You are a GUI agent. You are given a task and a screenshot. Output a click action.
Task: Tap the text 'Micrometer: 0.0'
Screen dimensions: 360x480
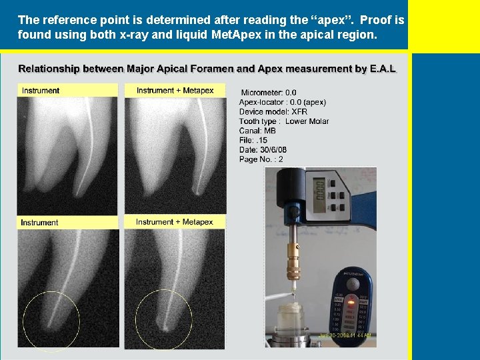[269, 93]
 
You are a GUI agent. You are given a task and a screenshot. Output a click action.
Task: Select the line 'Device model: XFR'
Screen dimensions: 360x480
[273, 111]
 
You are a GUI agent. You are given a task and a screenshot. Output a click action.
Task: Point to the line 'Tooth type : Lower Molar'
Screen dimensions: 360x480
[283, 121]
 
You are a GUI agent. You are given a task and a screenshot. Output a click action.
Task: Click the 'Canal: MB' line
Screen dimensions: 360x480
[257, 131]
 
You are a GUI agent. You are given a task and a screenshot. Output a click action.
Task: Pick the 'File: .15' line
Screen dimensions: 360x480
[253, 140]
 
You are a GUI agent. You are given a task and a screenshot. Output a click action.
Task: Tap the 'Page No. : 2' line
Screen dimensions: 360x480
[261, 159]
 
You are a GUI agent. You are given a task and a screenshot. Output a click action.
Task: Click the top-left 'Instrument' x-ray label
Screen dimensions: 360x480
[41, 91]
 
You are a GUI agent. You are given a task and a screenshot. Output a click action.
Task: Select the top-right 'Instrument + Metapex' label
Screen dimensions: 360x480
[175, 91]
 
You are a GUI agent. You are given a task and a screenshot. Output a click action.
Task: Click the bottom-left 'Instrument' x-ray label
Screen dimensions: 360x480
[39, 223]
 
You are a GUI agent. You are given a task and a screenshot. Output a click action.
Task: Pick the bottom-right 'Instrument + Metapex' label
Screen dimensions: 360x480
[174, 222]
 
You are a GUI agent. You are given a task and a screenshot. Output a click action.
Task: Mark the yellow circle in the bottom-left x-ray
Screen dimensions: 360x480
[51, 321]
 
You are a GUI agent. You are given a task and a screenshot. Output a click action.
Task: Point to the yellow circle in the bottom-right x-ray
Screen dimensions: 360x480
[164, 320]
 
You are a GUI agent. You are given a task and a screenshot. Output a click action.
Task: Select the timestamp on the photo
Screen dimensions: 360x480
[345, 335]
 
